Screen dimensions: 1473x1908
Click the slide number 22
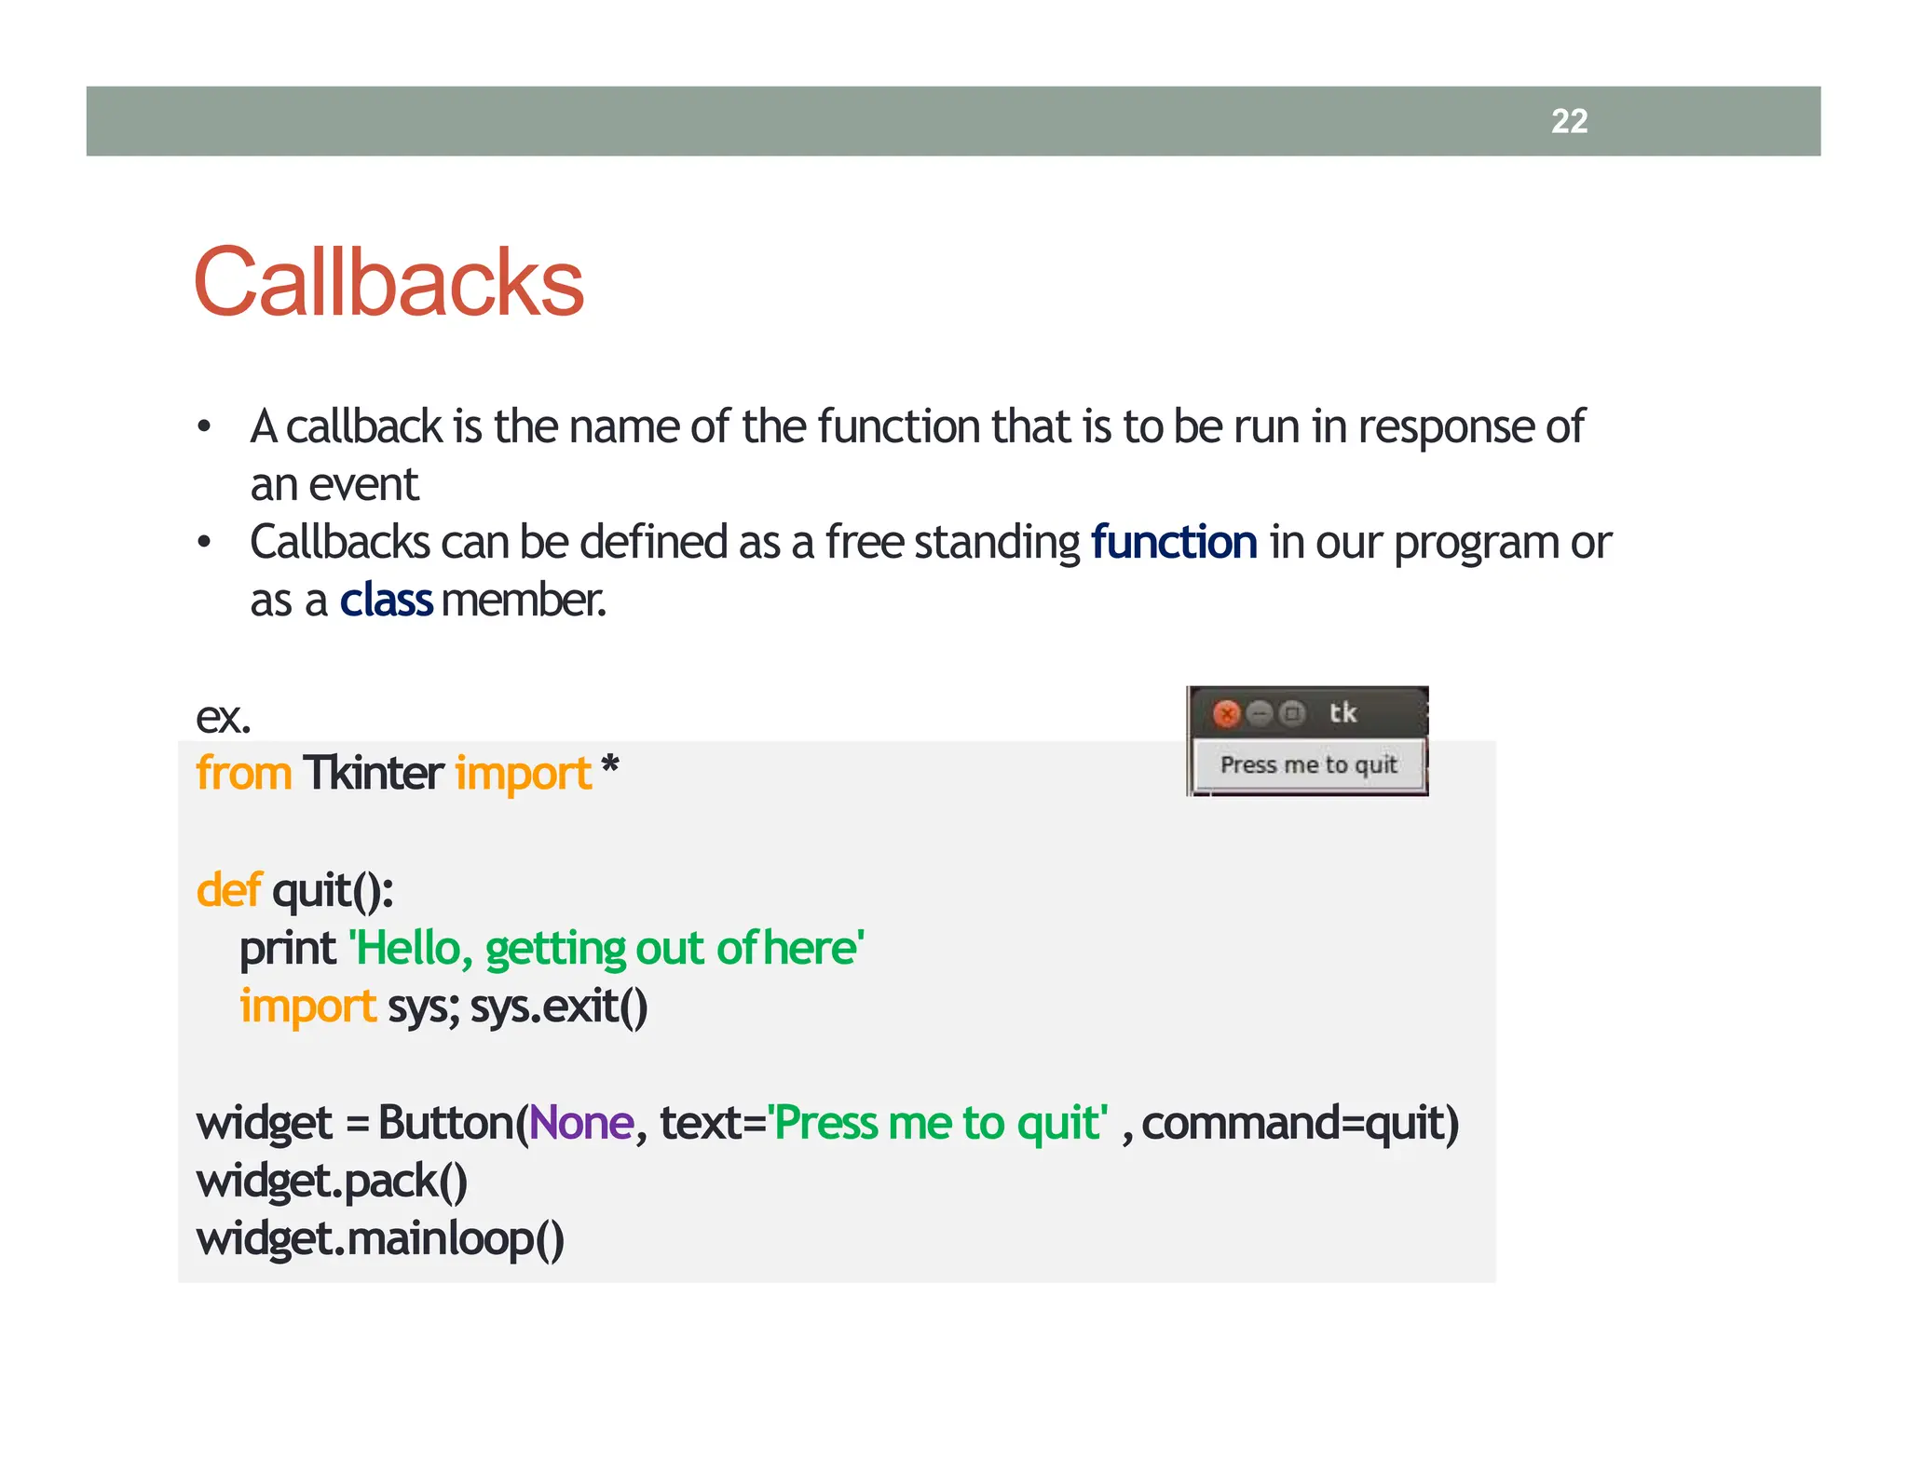[x=1569, y=121]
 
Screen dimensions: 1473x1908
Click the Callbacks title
[x=388, y=282]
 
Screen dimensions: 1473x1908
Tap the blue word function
[x=1173, y=542]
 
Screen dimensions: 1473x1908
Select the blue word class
[x=386, y=601]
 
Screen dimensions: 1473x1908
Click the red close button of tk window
[x=1227, y=714]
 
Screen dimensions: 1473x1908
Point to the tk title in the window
[x=1342, y=713]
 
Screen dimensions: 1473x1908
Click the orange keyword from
[x=243, y=773]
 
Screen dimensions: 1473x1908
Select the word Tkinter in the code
[x=373, y=773]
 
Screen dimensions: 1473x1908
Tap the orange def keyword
[x=228, y=890]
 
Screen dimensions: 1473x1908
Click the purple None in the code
[x=581, y=1123]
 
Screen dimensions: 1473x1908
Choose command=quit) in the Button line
[x=1300, y=1123]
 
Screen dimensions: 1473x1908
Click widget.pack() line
[x=332, y=1182]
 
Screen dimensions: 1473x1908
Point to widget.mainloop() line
[x=380, y=1239]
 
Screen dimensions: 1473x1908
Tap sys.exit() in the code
[x=559, y=1007]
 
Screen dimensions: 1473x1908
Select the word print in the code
[x=287, y=949]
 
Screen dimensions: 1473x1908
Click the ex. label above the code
[x=223, y=717]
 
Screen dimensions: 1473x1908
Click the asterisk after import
[x=610, y=768]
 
